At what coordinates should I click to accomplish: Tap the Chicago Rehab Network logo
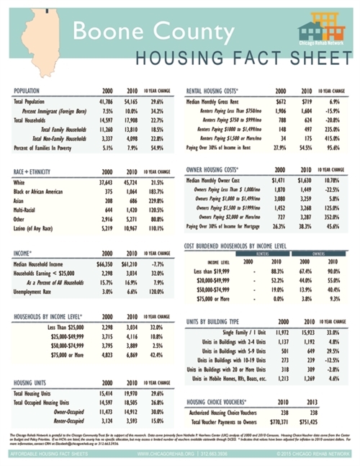coord(322,33)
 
